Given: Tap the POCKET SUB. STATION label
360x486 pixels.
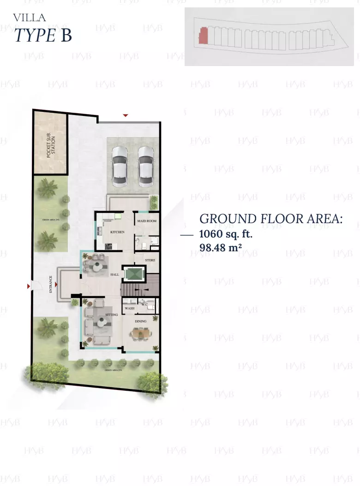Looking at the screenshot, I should [x=51, y=146].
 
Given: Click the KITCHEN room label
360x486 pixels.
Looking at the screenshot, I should [x=117, y=232].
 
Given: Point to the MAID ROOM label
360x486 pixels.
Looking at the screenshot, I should [x=147, y=221].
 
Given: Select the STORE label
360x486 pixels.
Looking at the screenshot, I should [x=150, y=260].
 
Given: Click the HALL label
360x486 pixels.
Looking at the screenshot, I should [x=114, y=274].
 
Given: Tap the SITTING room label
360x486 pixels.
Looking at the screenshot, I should [x=111, y=314].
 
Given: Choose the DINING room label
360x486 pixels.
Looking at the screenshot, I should [x=140, y=321].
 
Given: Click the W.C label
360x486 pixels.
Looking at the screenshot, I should [x=144, y=304].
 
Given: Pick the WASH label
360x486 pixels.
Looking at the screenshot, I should [x=129, y=308].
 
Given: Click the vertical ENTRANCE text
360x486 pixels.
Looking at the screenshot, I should [x=51, y=285].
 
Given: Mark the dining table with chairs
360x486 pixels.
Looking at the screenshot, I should [x=140, y=334].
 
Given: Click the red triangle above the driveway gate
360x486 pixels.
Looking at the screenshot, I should [x=125, y=115].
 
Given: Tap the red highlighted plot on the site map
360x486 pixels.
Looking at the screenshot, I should [x=203, y=36].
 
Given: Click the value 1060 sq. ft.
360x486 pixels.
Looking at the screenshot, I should [x=226, y=234].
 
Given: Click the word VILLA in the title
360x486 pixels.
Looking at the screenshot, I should [x=30, y=18].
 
